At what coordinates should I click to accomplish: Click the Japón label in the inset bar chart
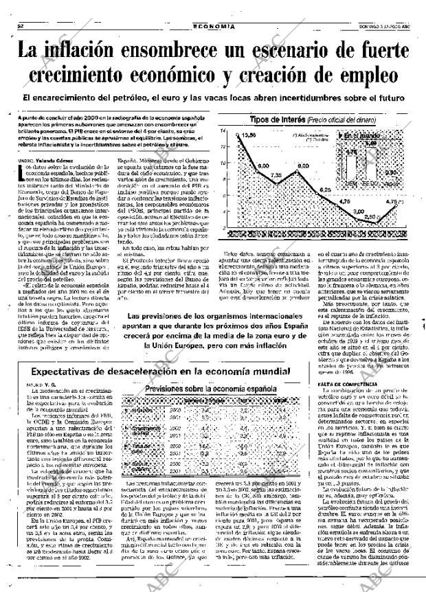391,185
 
